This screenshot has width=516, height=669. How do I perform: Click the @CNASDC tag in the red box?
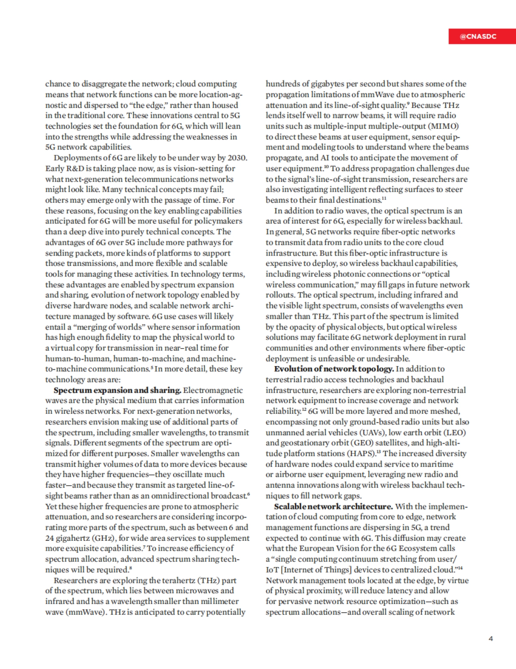coord(478,37)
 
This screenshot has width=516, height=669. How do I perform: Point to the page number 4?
coord(491,638)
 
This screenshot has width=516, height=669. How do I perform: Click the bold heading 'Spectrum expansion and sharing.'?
coord(117,390)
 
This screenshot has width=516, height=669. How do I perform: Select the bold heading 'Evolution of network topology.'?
coord(334,369)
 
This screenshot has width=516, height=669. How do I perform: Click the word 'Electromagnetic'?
coord(213,390)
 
